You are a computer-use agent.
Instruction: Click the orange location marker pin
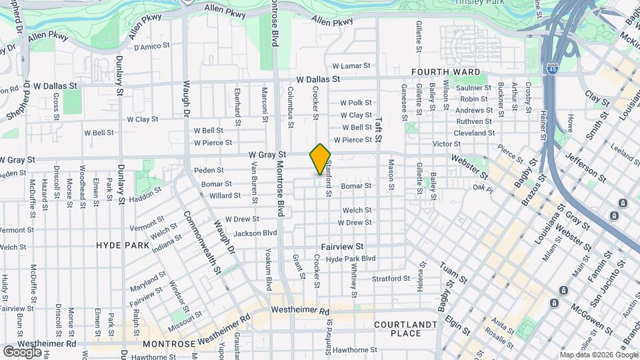tap(320, 159)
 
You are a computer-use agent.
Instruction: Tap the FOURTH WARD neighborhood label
tap(445, 72)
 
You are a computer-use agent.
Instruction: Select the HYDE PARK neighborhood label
tap(122, 245)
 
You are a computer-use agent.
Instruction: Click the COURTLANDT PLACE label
tap(405, 329)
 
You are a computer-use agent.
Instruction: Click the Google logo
tap(22, 351)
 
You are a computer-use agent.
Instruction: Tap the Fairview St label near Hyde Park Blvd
tap(342, 247)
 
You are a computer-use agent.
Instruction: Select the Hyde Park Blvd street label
tap(351, 259)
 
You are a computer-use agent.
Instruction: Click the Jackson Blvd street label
tap(255, 233)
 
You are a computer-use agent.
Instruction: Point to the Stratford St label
tap(391, 279)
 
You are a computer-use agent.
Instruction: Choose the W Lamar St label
tap(351, 66)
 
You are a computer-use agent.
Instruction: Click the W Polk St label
tap(355, 103)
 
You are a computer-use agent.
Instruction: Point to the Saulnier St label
tap(474, 88)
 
